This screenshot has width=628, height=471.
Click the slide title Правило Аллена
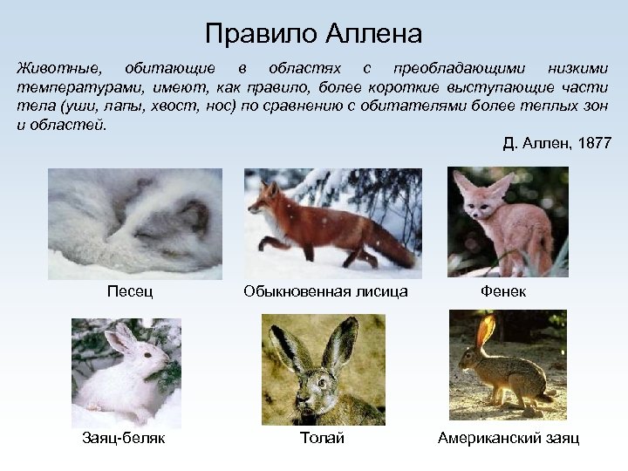pos(314,34)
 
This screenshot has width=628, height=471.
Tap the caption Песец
pos(130,290)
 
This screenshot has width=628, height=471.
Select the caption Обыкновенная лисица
pos(326,290)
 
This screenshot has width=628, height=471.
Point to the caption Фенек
pos(503,290)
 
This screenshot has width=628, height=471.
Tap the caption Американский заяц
pos(509,438)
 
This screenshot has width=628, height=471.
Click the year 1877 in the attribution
pos(593,143)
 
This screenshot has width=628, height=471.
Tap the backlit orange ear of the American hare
pos(486,331)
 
